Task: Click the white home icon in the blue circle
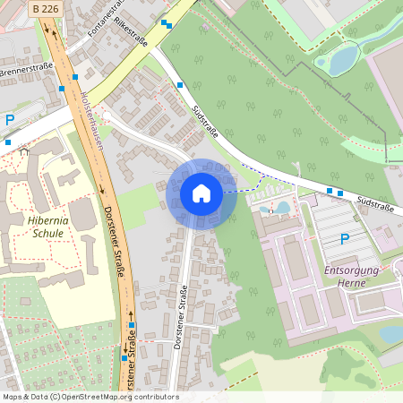pyautogui.click(x=201, y=193)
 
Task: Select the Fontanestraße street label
pyautogui.click(x=106, y=18)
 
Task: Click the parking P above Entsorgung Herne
pyautogui.click(x=345, y=239)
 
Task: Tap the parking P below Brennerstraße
pyautogui.click(x=10, y=119)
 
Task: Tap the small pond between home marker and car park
pyautogui.click(x=282, y=207)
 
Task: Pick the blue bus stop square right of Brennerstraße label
pyautogui.click(x=62, y=89)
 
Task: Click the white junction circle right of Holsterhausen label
pyautogui.click(x=106, y=116)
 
